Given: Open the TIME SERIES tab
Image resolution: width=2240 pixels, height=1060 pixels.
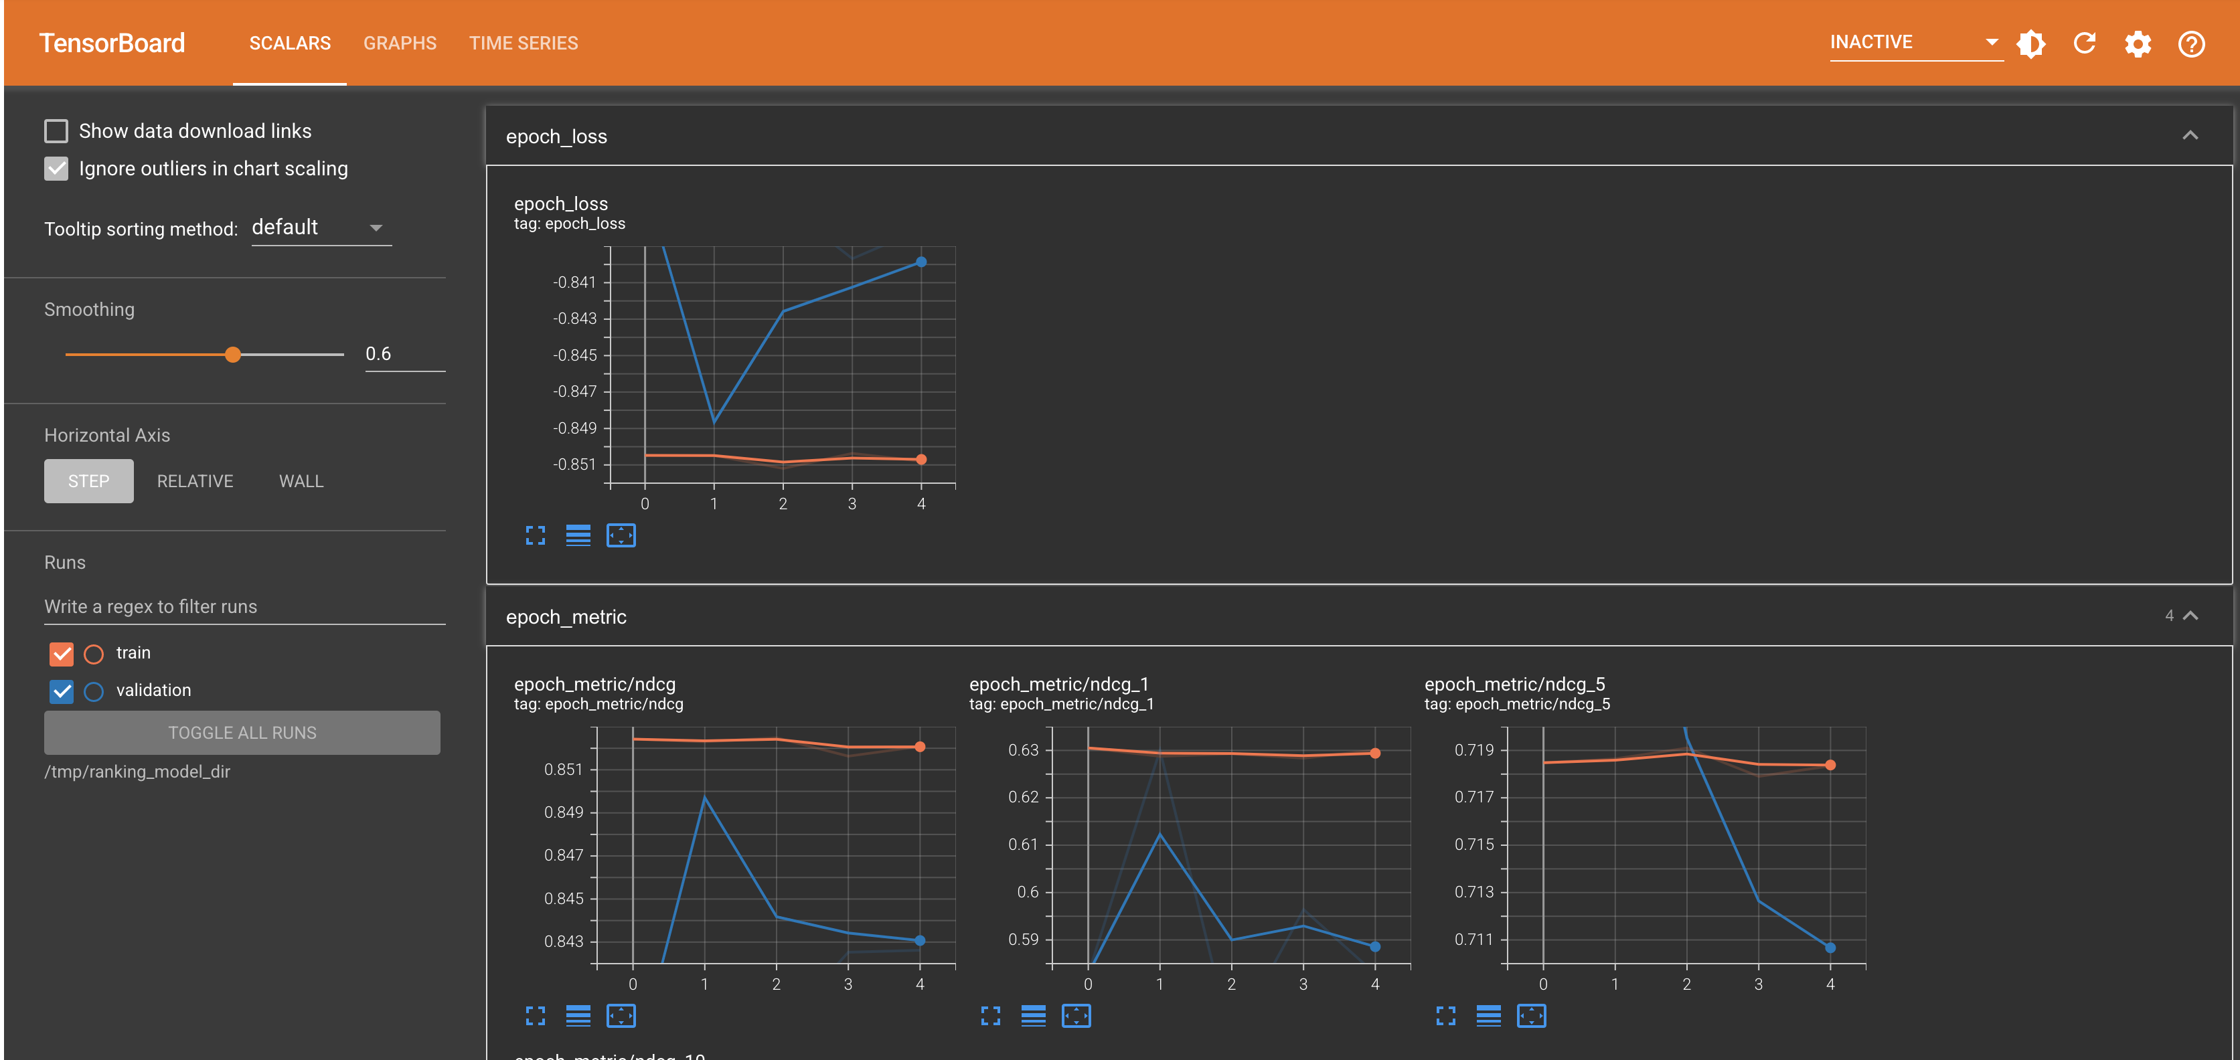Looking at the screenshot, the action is point(524,43).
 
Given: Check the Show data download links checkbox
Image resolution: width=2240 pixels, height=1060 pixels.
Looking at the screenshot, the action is point(56,131).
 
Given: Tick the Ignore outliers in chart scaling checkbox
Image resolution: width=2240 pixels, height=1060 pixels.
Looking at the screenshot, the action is point(56,169).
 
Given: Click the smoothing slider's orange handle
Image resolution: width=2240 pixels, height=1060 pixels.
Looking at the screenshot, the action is point(233,355).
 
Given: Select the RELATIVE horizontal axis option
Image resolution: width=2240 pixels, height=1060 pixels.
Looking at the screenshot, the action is point(195,481).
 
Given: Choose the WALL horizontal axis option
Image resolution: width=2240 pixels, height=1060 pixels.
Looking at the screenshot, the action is point(301,481).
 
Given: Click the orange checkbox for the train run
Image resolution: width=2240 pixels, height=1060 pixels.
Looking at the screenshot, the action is point(62,653).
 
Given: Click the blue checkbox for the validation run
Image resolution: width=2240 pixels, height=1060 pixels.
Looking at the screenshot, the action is point(62,691).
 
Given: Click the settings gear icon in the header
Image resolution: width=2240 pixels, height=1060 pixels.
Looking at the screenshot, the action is point(2138,43).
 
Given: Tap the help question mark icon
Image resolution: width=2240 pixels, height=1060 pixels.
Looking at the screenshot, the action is point(2191,43).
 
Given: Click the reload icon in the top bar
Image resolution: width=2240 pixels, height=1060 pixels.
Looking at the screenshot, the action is point(2084,43).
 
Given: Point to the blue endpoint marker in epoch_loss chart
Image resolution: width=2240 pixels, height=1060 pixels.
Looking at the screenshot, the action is point(921,262).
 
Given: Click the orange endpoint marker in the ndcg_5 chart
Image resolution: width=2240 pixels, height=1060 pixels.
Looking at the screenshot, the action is point(1830,765).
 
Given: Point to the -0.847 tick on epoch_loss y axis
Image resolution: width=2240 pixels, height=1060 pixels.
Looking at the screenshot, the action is point(575,392).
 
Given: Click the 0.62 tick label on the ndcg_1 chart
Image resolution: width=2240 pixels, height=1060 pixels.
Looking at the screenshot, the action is point(1024,798).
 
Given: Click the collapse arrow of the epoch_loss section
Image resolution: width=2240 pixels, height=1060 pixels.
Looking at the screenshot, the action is point(2190,136).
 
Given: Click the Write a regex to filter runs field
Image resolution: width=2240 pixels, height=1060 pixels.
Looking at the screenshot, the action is point(244,606).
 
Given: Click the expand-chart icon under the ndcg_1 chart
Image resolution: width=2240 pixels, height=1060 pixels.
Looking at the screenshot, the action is point(990,1016).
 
